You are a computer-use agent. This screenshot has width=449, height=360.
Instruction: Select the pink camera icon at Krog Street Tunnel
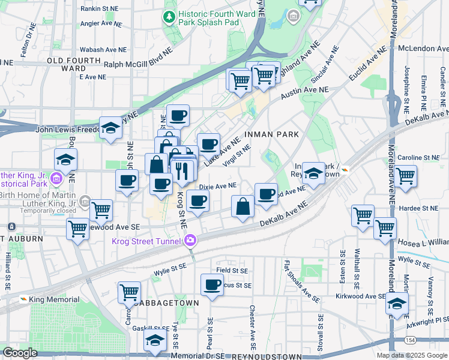190,241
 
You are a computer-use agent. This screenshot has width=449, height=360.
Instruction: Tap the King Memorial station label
55,299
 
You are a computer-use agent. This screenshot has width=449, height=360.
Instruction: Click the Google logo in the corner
20,353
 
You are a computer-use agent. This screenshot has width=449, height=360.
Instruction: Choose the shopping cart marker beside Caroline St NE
405,176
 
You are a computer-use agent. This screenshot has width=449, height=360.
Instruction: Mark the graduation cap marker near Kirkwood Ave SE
397,304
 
